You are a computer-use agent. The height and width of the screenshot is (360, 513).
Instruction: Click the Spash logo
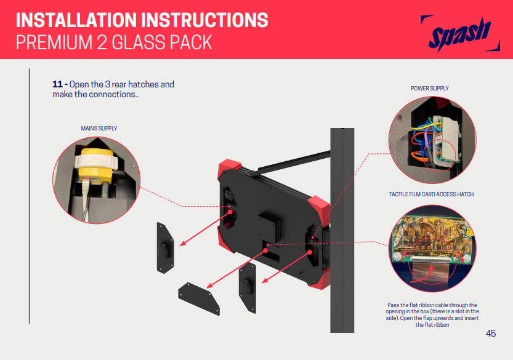click(460, 33)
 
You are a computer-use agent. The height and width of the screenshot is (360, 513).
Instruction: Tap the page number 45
click(491, 333)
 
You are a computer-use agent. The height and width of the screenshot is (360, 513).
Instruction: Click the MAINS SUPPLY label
click(99, 129)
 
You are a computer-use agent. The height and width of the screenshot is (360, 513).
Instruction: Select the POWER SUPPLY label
click(430, 88)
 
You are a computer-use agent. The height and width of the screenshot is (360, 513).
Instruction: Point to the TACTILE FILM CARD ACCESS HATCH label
click(431, 194)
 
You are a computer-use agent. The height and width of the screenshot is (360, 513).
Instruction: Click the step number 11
click(57, 84)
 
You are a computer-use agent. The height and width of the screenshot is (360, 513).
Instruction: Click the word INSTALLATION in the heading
click(76, 20)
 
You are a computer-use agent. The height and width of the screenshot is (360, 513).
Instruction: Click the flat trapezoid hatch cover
click(198, 298)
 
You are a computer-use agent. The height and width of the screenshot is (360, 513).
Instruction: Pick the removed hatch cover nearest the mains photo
click(165, 248)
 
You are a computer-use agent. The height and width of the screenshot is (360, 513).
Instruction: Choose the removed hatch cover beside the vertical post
click(248, 288)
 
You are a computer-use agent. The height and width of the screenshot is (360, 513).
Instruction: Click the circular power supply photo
click(432, 140)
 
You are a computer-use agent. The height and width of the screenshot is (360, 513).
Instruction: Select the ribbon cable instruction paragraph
click(432, 315)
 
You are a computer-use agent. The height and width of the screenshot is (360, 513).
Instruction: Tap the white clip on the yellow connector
click(96, 162)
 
